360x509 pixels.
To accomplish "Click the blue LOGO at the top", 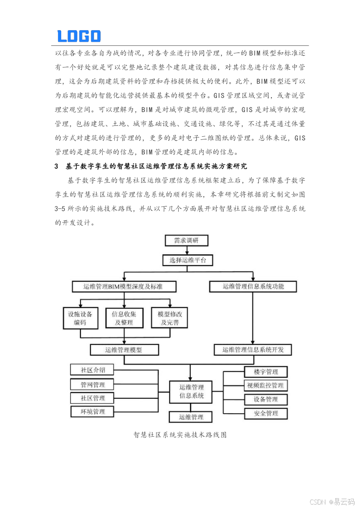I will click(79, 36).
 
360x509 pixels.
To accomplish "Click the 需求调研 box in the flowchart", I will click(186, 241).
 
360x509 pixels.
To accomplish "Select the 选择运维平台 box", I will click(188, 260).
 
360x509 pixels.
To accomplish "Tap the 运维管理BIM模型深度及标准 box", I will click(123, 286).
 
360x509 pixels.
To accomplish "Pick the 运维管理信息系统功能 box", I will click(253, 286).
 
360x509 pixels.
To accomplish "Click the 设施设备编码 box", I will click(80, 318).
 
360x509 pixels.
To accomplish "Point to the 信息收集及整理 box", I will click(124, 318).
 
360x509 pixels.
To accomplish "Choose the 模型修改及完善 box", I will click(170, 318).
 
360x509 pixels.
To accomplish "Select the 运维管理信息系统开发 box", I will click(253, 349).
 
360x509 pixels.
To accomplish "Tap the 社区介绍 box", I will click(92, 370).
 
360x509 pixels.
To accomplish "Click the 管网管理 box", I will click(92, 384).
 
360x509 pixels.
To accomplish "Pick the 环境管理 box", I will click(92, 411).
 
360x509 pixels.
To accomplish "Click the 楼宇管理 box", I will click(265, 372).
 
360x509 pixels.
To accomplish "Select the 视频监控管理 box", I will click(265, 385).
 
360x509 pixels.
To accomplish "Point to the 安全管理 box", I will click(265, 413).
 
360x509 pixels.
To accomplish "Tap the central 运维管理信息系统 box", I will click(191, 391).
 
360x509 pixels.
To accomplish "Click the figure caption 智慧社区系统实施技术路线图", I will click(180, 435).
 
